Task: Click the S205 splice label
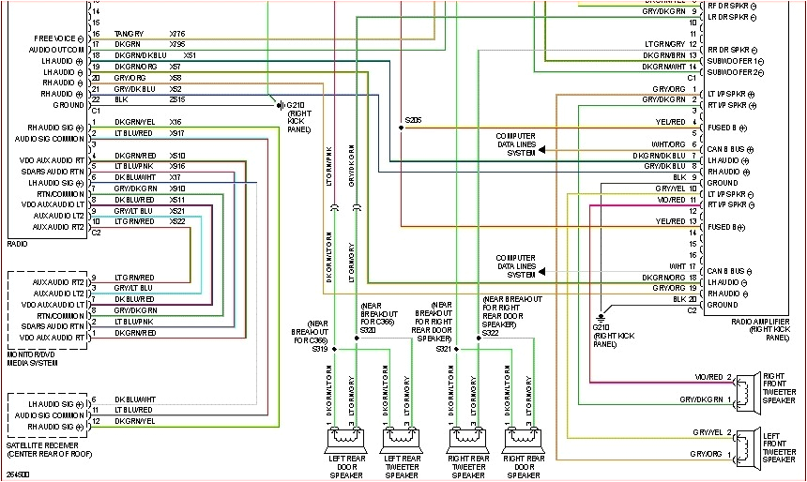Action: pos(413,120)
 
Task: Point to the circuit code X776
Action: pos(177,34)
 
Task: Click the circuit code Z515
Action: pos(177,99)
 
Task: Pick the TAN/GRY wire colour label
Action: pos(128,34)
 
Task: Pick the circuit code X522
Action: pos(177,221)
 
